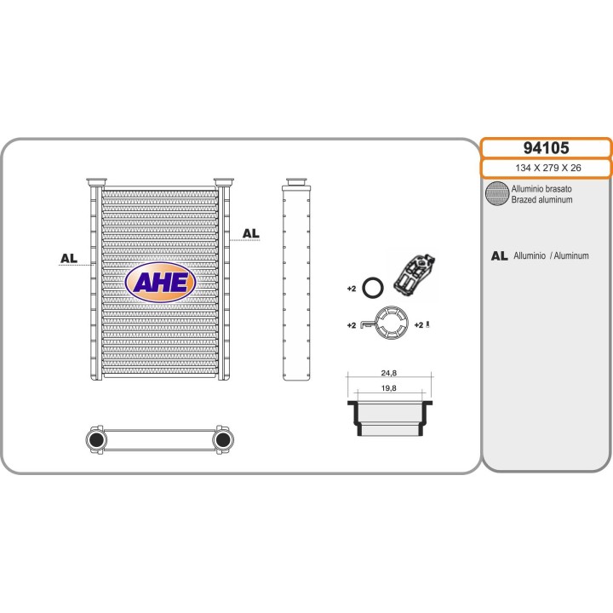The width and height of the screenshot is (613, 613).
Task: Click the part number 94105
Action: point(546,148)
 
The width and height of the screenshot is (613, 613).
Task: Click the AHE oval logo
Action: point(160,282)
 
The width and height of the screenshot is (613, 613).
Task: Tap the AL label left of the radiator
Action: point(69,258)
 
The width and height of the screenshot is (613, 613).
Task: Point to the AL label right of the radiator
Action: point(250,233)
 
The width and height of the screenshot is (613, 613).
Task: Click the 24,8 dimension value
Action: point(388,373)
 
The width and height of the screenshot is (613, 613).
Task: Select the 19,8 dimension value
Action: point(388,388)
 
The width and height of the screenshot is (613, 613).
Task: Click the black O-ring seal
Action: point(364,288)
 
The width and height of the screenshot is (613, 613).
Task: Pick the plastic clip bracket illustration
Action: point(415,272)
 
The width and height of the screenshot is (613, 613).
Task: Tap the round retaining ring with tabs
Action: point(376,323)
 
